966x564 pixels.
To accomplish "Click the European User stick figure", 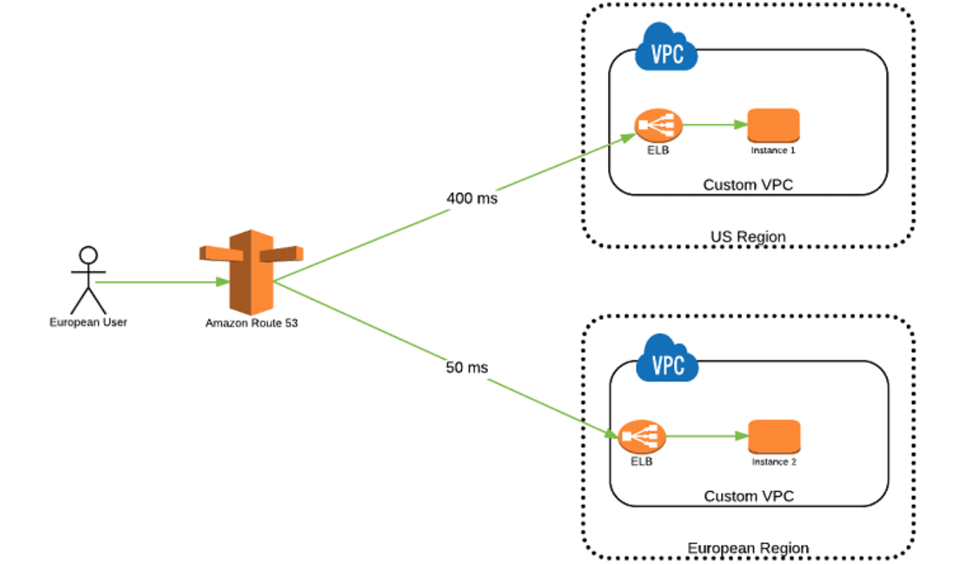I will click(88, 281).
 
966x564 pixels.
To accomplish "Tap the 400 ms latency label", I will click(472, 199).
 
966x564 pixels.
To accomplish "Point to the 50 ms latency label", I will click(467, 368).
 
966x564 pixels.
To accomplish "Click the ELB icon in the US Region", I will click(659, 126).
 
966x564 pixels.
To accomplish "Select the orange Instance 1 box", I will click(774, 125).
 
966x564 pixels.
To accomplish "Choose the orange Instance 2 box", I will click(774, 436).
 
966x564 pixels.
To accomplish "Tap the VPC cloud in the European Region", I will click(667, 360).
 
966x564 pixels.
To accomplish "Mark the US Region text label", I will click(748, 237).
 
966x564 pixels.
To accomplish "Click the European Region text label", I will click(748, 548).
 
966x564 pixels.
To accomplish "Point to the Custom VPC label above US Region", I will click(748, 185).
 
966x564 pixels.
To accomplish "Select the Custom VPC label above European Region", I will click(748, 497).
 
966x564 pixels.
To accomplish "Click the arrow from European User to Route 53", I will click(161, 282).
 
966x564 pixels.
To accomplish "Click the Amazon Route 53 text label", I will click(251, 323).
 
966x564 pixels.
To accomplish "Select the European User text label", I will click(88, 323).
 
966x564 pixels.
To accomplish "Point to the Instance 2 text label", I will click(774, 462).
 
